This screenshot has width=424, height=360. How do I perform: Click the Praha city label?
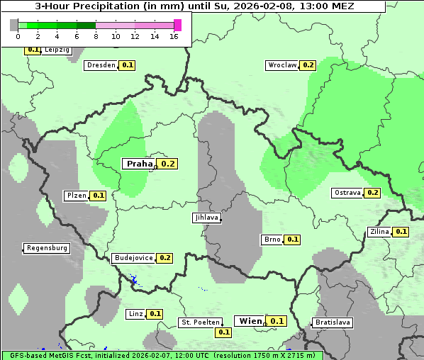(x=139, y=164)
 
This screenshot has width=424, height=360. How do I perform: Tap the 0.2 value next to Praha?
(x=167, y=164)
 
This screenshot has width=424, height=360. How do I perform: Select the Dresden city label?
(x=101, y=65)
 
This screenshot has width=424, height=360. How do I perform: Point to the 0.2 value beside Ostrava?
(x=372, y=193)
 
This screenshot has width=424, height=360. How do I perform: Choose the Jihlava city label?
(x=206, y=218)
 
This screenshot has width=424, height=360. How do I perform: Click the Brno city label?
(x=272, y=240)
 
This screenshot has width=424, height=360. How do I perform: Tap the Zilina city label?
(x=379, y=232)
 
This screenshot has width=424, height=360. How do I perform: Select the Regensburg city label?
(x=47, y=249)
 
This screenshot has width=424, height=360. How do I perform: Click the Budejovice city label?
(x=133, y=258)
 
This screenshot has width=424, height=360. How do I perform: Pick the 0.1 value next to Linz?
(x=155, y=314)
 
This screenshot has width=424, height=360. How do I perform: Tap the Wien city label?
(x=250, y=321)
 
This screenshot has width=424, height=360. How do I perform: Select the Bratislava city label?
(x=333, y=322)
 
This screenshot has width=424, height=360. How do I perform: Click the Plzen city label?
(x=75, y=196)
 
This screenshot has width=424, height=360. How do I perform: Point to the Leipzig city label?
(x=56, y=50)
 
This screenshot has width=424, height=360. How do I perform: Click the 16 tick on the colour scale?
(x=174, y=36)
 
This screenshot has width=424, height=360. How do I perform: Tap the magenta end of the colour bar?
(x=177, y=25)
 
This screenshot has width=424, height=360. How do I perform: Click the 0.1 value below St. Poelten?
(x=224, y=332)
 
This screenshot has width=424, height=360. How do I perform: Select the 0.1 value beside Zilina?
(x=401, y=232)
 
